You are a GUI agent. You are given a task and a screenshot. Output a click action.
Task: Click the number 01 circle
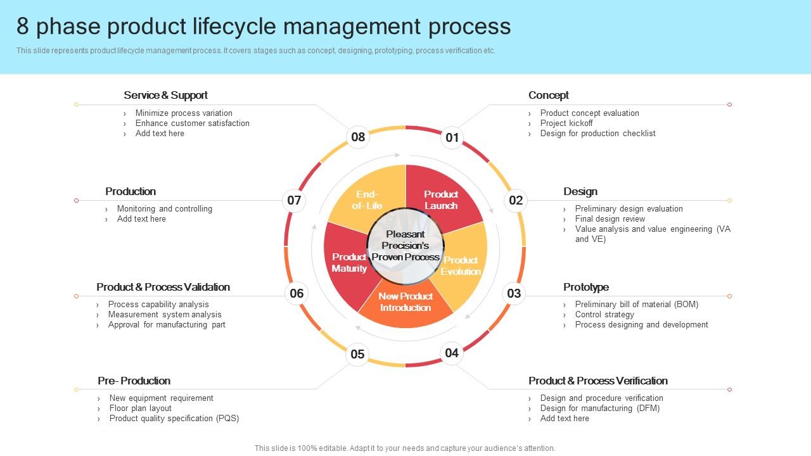[x=452, y=137]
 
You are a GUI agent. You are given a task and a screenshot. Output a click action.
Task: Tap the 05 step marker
[x=358, y=354]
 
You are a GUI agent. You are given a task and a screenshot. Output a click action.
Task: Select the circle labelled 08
[x=358, y=137]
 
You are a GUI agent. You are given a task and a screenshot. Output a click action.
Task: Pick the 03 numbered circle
[x=514, y=293]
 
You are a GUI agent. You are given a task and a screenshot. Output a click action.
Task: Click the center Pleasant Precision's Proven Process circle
[x=405, y=246]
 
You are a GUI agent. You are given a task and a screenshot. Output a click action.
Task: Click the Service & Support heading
[x=165, y=95]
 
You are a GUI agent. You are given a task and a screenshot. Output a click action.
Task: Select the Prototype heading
[x=586, y=287]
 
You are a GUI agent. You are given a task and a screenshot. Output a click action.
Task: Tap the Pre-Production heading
[x=134, y=381]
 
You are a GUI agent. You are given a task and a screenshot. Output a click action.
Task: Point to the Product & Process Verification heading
[x=598, y=381]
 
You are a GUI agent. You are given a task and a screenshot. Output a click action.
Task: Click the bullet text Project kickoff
[x=566, y=123]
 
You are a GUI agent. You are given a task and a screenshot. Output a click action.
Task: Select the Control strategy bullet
[x=604, y=314]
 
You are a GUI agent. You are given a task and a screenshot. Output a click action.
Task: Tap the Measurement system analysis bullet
[x=165, y=314]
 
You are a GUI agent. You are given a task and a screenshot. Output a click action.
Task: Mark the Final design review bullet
[x=610, y=218]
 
